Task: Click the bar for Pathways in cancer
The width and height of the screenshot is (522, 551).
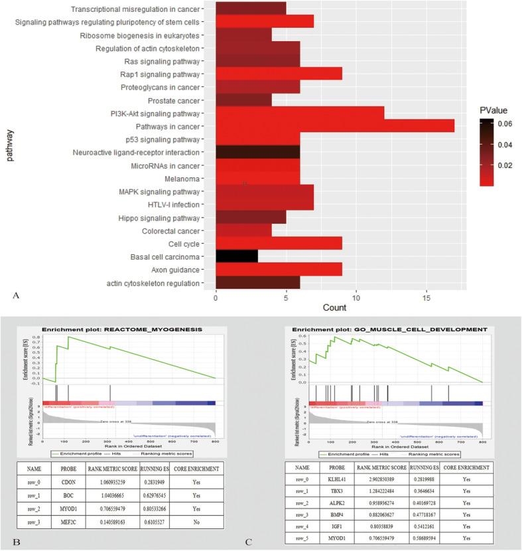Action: tap(335, 126)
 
